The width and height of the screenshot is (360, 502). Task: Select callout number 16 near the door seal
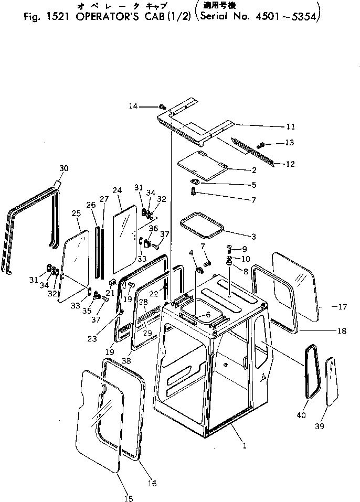tap(152, 484)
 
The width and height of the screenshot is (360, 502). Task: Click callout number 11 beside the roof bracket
tap(290, 126)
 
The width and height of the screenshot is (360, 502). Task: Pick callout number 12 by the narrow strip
tap(290, 164)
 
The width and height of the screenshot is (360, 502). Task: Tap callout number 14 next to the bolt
tap(133, 106)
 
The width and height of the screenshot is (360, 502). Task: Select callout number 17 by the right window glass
tap(342, 307)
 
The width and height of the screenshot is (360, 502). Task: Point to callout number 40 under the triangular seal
tap(301, 415)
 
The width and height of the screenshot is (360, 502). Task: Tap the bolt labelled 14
tap(163, 107)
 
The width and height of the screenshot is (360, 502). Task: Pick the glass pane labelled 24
tap(125, 239)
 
